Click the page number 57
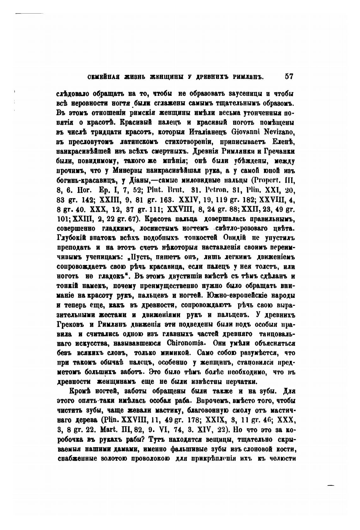[289, 76]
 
